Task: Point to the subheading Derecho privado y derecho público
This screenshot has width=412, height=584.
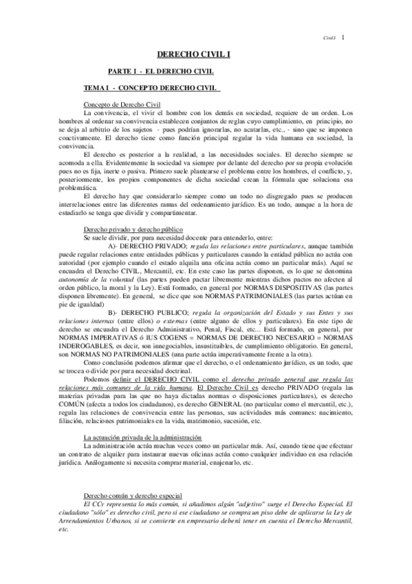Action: tap(129, 229)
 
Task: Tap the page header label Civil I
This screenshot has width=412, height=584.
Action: tap(329, 39)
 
